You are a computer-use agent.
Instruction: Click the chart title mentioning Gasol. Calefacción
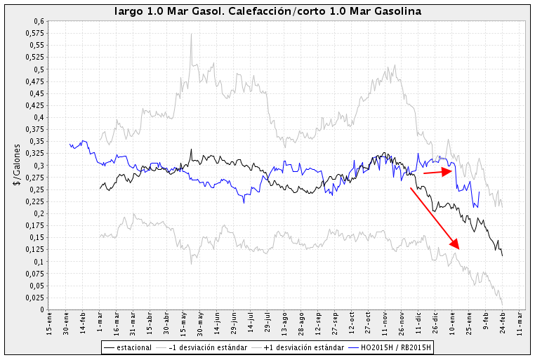[x=267, y=12]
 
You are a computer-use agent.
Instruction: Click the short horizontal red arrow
[x=437, y=171]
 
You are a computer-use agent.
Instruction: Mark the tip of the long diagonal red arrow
[x=459, y=249]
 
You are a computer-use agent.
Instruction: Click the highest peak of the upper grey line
[x=191, y=34]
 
